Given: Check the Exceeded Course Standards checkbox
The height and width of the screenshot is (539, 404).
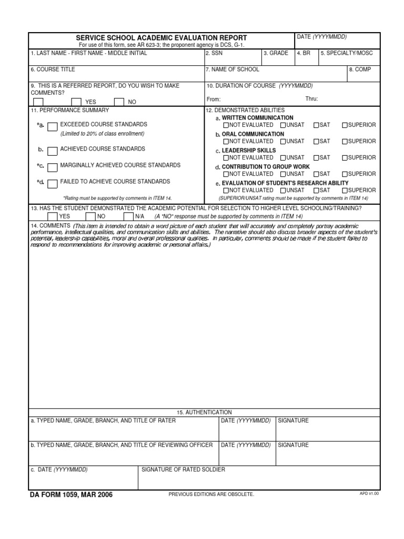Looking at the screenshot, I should click(x=52, y=127).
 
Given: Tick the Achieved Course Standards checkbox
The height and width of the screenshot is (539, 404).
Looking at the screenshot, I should click(x=52, y=152).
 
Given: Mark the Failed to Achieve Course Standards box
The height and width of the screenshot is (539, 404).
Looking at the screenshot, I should click(x=52, y=184).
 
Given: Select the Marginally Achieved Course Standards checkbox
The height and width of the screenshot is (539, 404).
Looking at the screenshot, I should click(x=52, y=167).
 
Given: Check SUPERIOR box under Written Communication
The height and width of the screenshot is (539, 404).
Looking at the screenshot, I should click(x=345, y=125).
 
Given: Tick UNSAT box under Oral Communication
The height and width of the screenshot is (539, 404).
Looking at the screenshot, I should click(x=283, y=142).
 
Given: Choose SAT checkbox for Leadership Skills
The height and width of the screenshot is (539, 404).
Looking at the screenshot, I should click(x=316, y=158).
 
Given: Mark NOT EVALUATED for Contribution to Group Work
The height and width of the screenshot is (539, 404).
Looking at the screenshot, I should click(x=226, y=174).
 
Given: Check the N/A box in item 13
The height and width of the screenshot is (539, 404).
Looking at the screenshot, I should click(x=128, y=216).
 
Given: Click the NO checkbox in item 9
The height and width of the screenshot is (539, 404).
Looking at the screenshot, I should click(x=119, y=102).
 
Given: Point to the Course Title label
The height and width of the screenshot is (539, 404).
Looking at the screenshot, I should click(x=53, y=69).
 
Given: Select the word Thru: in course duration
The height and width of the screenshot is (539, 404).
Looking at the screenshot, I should click(x=312, y=99).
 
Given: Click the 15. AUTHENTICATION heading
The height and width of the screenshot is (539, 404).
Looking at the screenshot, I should click(x=204, y=412).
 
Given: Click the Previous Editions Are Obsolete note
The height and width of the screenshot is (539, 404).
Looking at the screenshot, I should click(x=211, y=495).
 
